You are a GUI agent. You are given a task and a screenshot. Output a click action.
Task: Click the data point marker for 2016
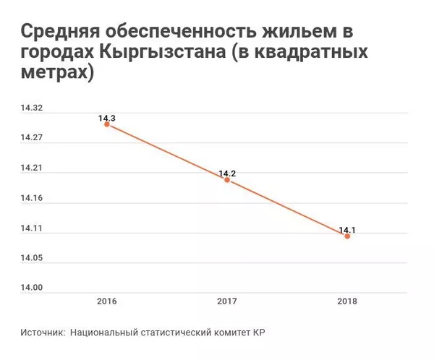point(107,124)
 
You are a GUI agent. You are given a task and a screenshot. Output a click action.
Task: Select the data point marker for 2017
point(227,180)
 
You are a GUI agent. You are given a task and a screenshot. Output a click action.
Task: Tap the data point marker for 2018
point(347,236)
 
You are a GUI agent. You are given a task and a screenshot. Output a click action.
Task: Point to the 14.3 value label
point(107,117)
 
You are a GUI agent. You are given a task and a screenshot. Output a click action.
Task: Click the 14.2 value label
point(228,173)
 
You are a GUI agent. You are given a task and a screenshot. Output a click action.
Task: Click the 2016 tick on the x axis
point(107,301)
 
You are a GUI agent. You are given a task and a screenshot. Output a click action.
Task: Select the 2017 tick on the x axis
point(227,301)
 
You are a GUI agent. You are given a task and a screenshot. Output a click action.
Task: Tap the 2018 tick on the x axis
point(347,301)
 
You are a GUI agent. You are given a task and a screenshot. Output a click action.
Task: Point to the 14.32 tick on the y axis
point(32,108)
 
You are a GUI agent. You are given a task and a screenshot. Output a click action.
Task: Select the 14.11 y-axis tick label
point(32,228)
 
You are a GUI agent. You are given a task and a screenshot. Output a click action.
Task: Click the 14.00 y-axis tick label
point(32,288)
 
